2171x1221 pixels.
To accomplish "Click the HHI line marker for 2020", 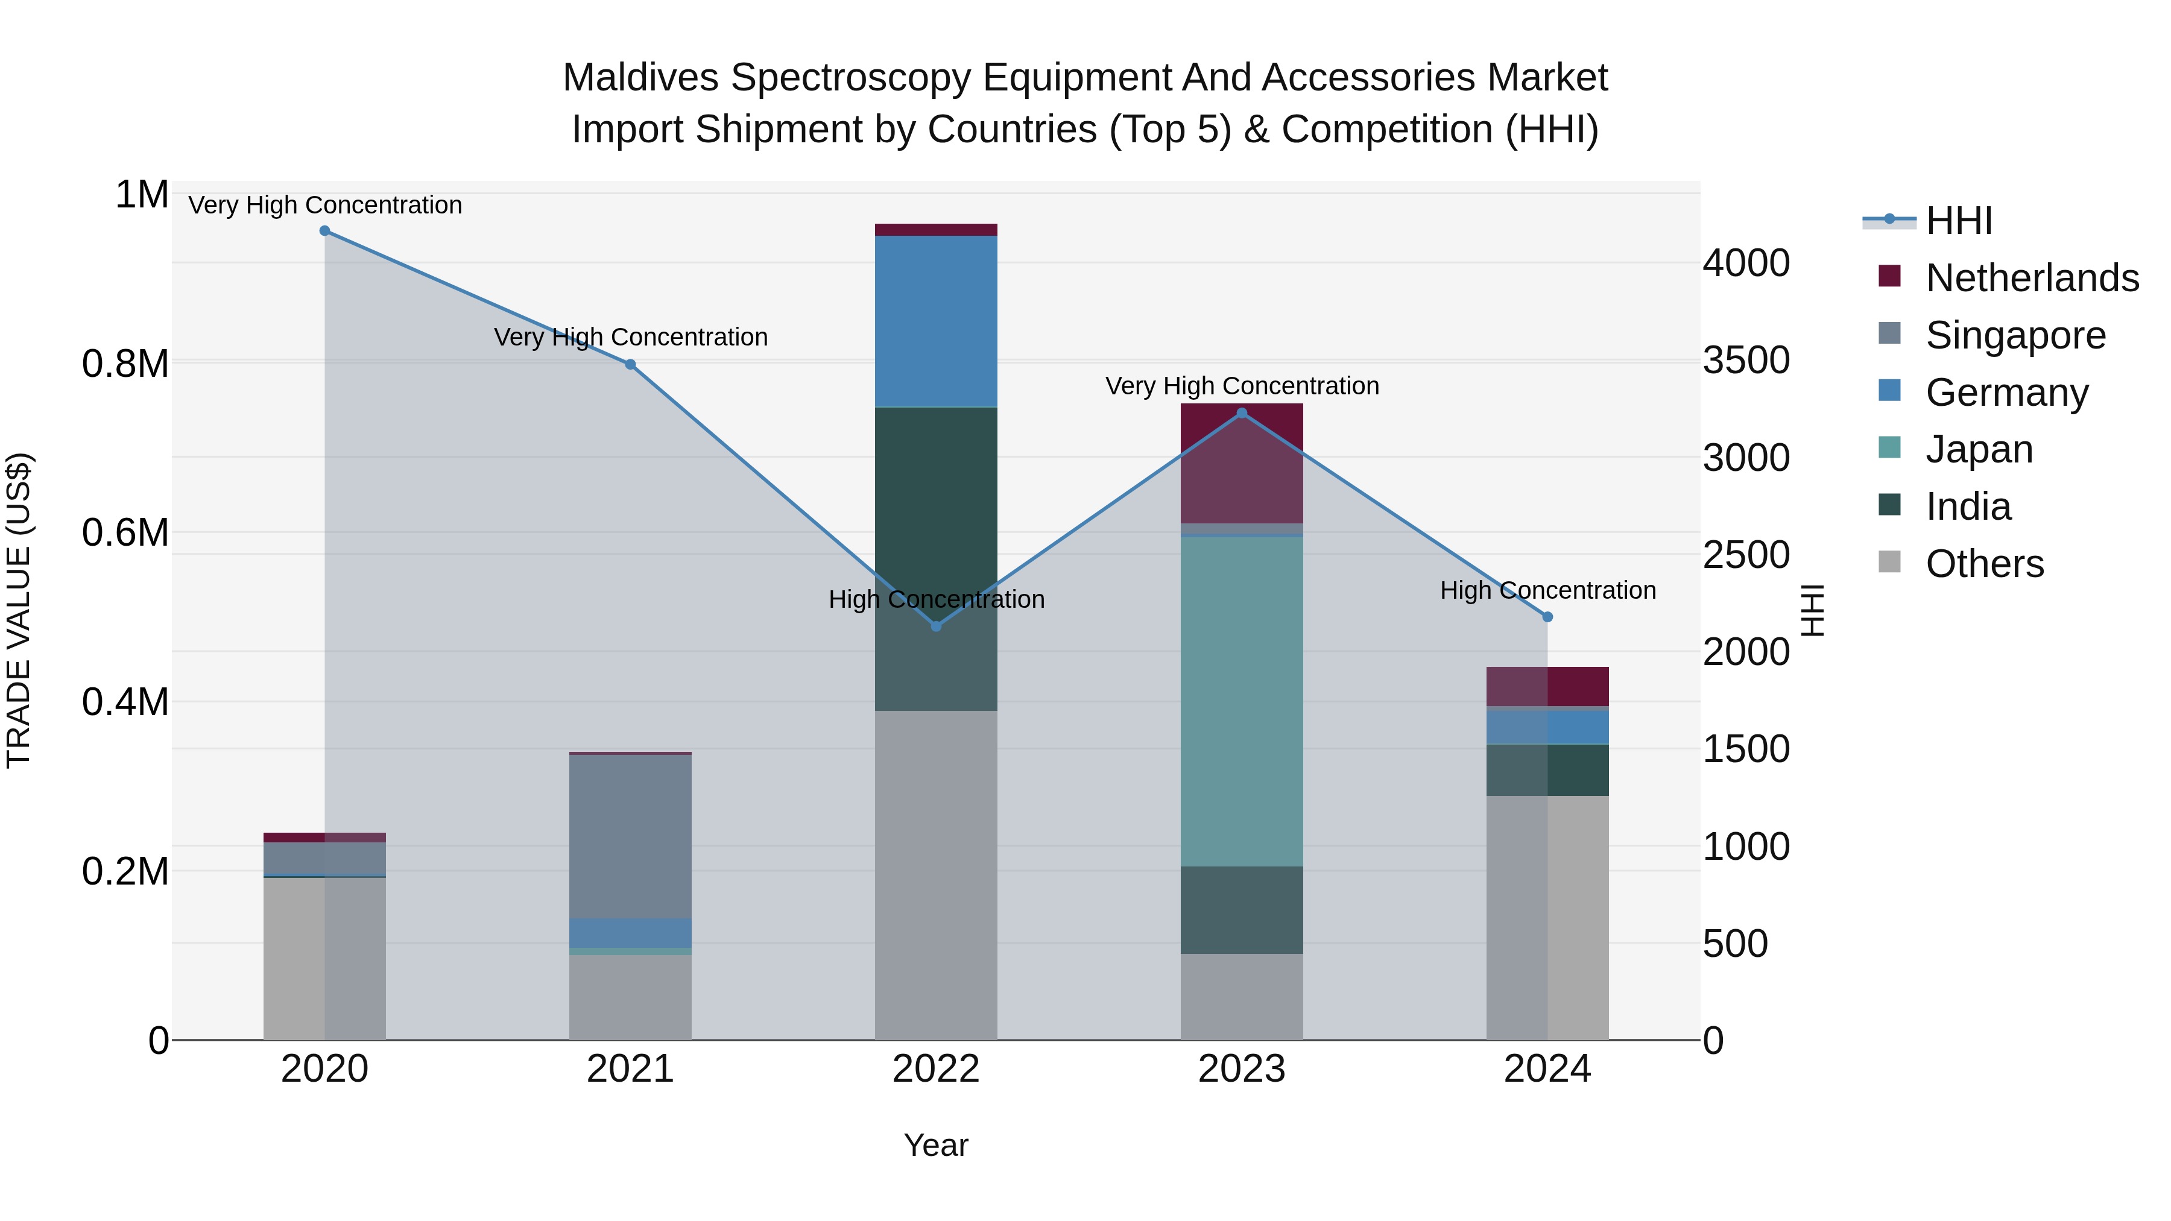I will click(324, 231).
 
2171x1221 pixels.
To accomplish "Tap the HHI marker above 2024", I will click(1547, 617).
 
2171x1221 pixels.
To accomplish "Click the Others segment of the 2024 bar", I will click(1547, 918).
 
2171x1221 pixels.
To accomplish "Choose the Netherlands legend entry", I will click(2032, 278).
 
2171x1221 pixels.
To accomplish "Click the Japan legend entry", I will click(1979, 449).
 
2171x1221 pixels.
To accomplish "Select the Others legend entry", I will click(1984, 564).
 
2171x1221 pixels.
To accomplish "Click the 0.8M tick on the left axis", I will click(125, 364).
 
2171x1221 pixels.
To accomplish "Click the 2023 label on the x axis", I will click(1242, 1069).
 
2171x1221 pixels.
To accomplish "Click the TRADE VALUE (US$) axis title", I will click(19, 610).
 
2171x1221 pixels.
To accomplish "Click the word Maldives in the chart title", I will click(640, 78).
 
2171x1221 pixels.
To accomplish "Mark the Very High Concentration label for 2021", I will click(630, 337).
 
